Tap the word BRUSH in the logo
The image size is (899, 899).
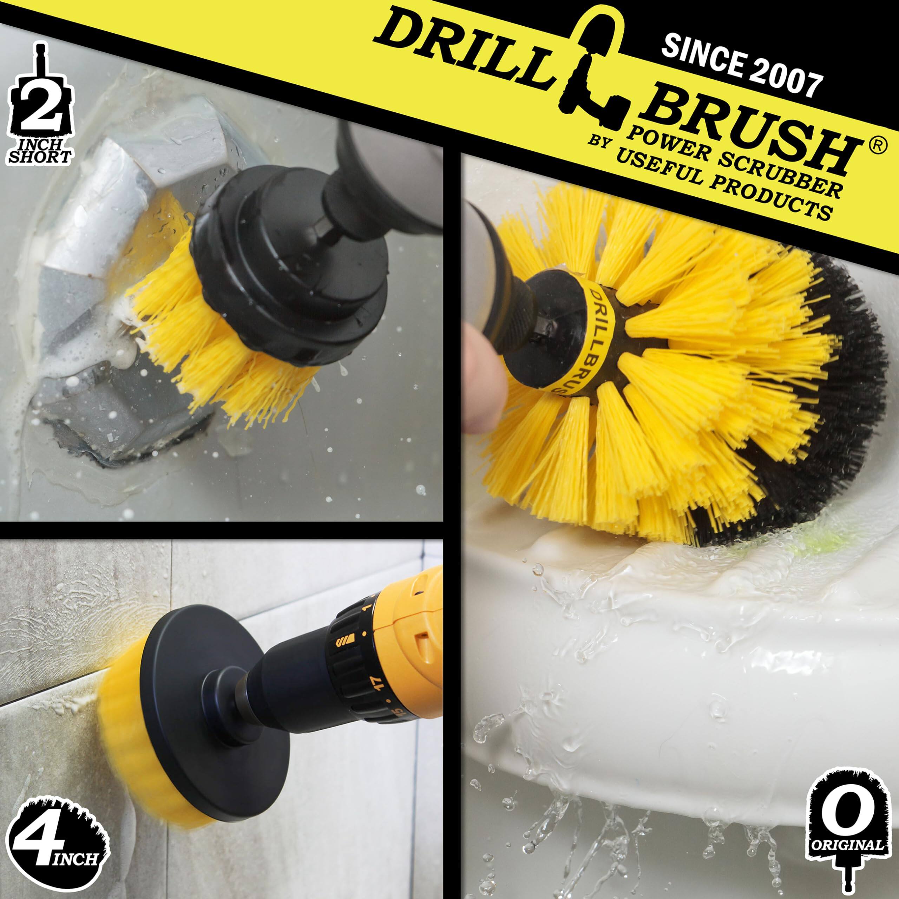[749, 135]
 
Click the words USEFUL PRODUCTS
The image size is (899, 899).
[721, 186]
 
